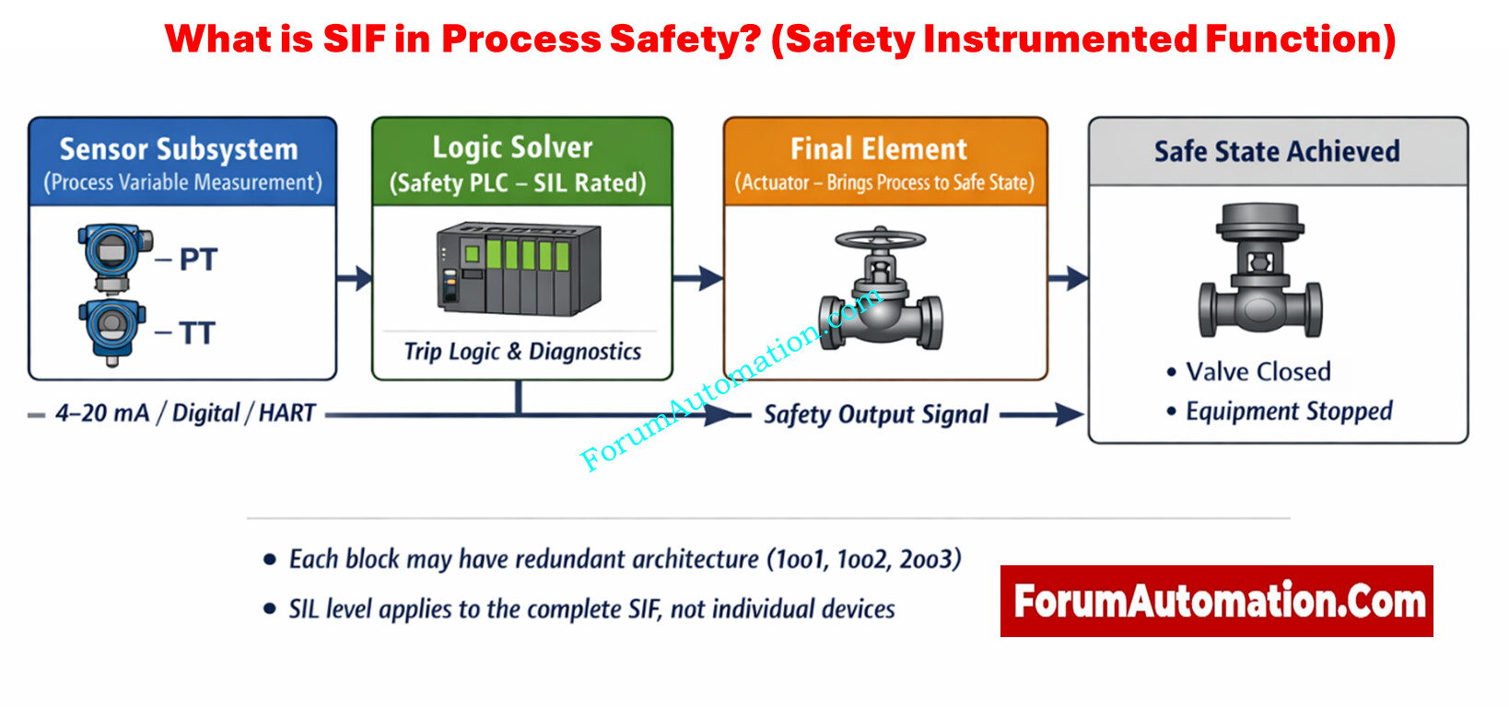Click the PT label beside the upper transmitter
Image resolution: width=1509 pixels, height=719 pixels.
click(x=198, y=260)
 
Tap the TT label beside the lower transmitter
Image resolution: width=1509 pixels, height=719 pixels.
click(x=197, y=332)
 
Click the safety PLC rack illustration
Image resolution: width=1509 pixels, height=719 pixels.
click(x=518, y=268)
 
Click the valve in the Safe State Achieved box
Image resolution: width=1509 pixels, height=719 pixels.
click(x=1260, y=273)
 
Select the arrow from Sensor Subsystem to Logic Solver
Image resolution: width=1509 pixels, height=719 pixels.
click(x=355, y=277)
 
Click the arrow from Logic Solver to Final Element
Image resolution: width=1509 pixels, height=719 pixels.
click(x=698, y=277)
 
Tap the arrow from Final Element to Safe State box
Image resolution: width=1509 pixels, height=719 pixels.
click(x=1069, y=277)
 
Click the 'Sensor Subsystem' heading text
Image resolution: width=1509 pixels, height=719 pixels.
click(x=179, y=149)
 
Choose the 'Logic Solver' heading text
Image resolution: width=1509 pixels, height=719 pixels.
click(x=513, y=147)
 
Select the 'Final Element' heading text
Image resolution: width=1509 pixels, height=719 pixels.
click(x=879, y=149)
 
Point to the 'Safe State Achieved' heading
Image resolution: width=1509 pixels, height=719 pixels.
click(x=1277, y=151)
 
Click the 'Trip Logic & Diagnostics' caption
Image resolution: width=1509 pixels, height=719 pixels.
click(x=522, y=352)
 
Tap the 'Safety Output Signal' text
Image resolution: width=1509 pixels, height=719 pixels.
click(x=876, y=415)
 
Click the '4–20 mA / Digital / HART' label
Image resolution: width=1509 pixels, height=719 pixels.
click(x=185, y=413)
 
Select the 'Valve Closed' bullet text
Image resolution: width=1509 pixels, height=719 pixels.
click(x=1257, y=372)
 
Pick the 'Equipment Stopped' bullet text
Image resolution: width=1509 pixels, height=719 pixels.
click(x=1288, y=412)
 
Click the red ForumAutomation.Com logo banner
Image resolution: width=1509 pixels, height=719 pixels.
click(x=1216, y=601)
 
